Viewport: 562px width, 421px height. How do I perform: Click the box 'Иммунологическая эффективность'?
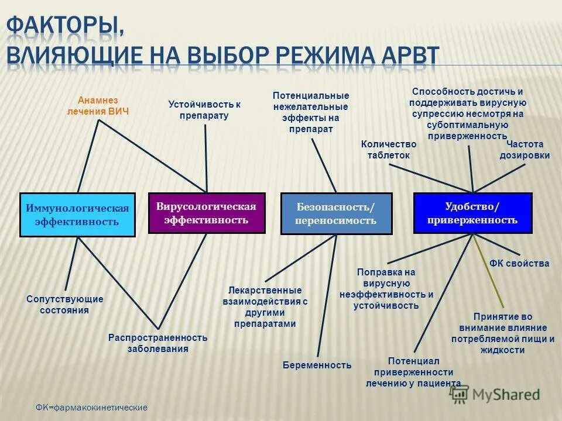tap(77, 215)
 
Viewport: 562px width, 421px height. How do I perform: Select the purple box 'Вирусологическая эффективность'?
tap(207, 213)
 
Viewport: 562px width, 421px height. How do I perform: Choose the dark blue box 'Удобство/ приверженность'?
tap(472, 213)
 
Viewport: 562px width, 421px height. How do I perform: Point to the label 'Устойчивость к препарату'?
tap(204, 110)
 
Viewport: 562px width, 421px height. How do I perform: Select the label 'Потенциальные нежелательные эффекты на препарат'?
tap(311, 112)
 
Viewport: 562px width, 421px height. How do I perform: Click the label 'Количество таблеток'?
tap(389, 150)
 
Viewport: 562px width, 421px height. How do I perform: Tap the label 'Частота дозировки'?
tap(525, 150)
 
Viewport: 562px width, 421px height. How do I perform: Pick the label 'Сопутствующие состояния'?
tap(64, 305)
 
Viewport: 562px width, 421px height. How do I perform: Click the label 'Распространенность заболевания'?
tap(158, 343)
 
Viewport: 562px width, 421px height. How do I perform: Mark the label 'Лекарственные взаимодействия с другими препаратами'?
tap(265, 307)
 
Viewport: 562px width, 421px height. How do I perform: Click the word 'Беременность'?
tap(317, 365)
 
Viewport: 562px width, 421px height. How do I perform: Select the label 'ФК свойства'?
tap(519, 264)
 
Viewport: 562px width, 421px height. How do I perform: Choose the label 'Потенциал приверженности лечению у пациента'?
tap(413, 372)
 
